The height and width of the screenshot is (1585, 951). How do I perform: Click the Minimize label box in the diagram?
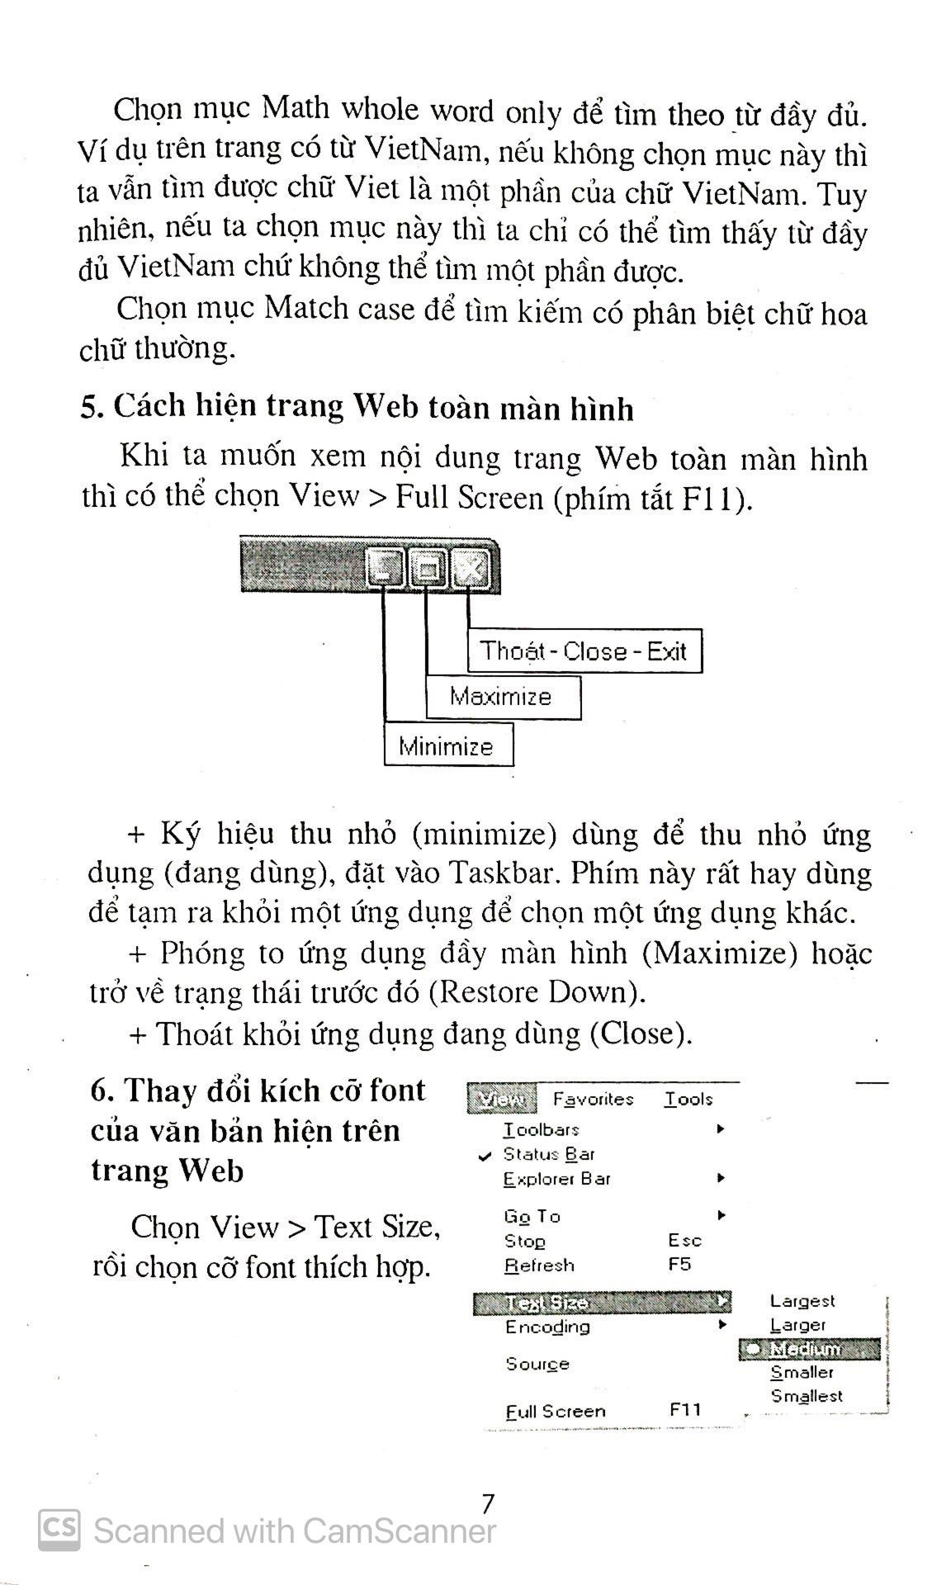click(447, 745)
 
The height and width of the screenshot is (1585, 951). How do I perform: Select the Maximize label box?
click(502, 697)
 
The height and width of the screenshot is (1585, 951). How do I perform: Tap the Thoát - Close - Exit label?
click(584, 651)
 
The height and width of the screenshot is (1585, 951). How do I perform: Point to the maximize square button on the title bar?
click(428, 568)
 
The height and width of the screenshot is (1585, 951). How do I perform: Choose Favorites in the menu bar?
click(593, 1099)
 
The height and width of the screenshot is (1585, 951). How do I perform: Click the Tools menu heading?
click(688, 1099)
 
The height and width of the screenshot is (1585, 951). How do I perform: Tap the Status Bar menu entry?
click(548, 1154)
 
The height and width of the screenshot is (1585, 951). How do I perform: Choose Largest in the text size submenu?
click(802, 1301)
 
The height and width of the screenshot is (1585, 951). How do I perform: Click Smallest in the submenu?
click(807, 1396)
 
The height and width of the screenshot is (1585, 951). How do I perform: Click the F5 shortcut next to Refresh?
click(679, 1265)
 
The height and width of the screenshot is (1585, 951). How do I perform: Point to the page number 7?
click(487, 1504)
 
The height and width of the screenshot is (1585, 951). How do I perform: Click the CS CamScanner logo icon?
click(59, 1530)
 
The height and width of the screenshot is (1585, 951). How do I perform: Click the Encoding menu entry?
click(547, 1327)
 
